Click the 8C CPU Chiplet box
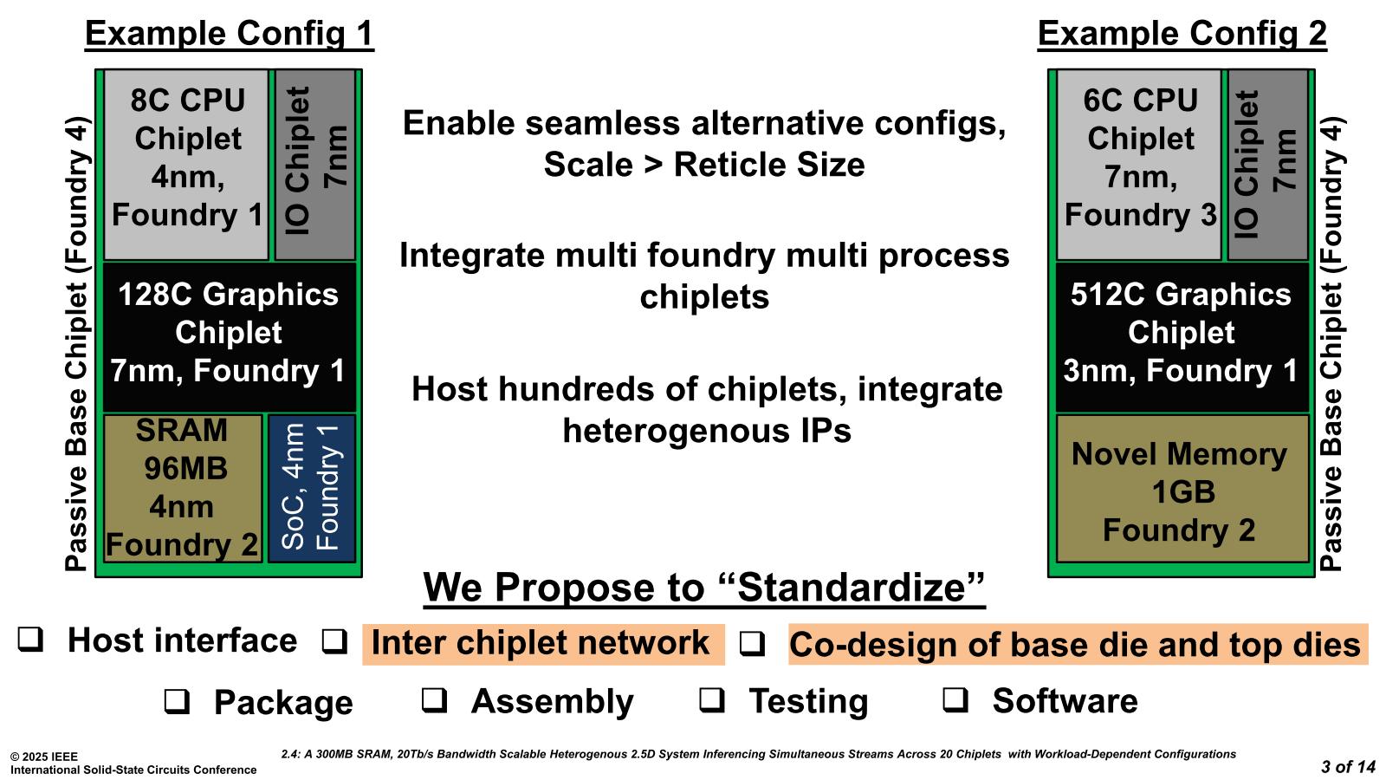[186, 165]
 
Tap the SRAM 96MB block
[182, 488]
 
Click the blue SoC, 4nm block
[312, 488]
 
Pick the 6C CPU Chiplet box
[1138, 165]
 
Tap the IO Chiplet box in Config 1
[315, 165]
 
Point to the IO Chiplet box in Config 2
[1267, 165]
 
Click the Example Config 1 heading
[229, 34]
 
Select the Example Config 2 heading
[1182, 34]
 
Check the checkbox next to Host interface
[31, 640]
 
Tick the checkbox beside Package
[177, 701]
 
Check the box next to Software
[955, 700]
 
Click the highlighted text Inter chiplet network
[541, 644]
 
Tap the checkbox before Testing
[712, 700]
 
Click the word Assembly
[552, 701]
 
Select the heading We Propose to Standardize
[704, 588]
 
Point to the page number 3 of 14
[1347, 767]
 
